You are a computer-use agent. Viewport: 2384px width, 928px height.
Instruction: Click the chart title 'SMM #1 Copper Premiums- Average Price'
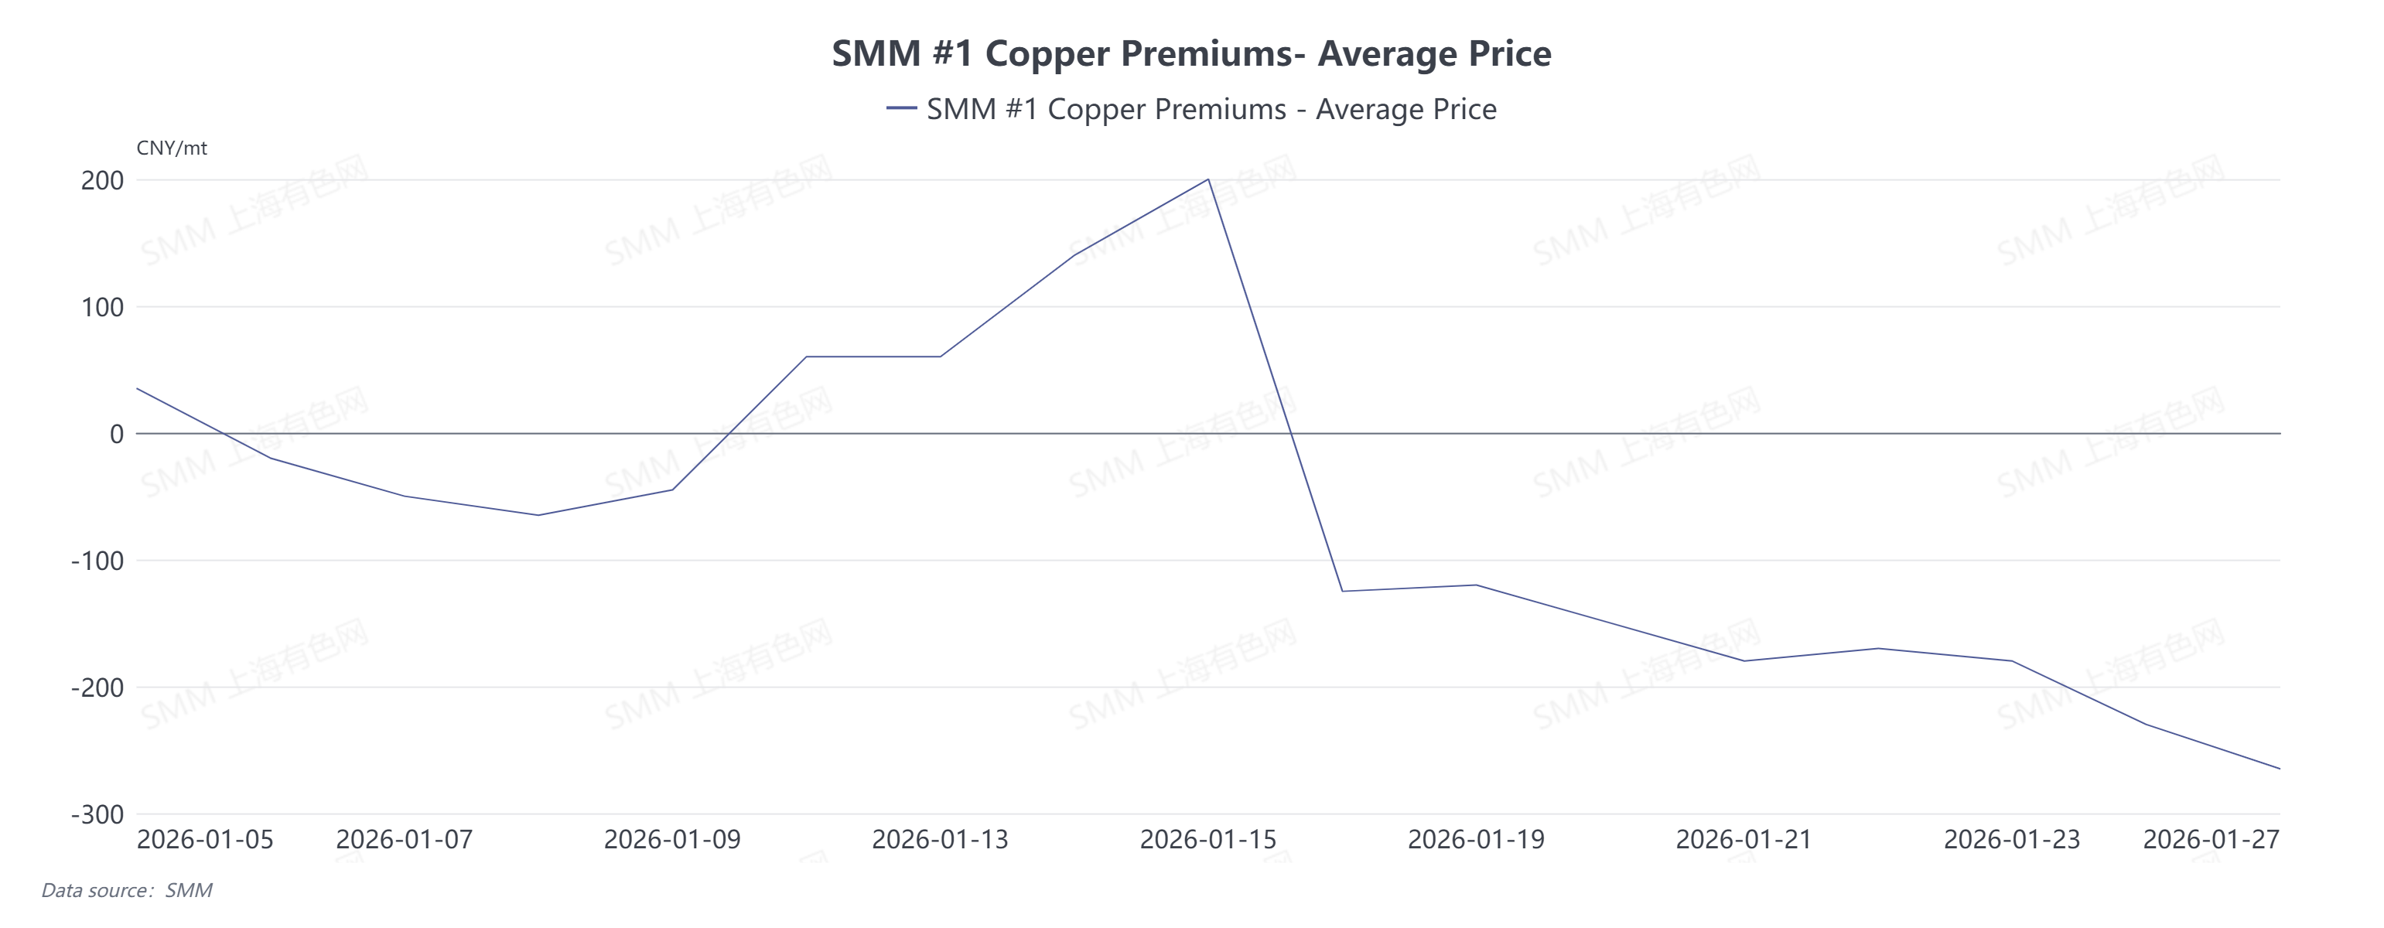[x=1191, y=53]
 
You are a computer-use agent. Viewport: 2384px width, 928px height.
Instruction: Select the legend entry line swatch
[x=900, y=109]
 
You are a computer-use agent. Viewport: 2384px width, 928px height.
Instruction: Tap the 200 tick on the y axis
[x=102, y=180]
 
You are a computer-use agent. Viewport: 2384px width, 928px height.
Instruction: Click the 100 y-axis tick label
[x=102, y=307]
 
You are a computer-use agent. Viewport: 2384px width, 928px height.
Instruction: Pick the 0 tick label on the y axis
[x=117, y=434]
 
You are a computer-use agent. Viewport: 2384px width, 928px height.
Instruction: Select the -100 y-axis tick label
[x=97, y=561]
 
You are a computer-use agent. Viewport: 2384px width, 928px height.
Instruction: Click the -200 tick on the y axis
[x=97, y=687]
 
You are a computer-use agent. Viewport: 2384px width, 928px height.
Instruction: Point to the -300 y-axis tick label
[x=97, y=815]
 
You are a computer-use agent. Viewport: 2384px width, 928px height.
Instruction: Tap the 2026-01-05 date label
[x=206, y=840]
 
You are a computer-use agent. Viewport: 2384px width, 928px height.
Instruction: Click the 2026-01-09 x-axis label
[x=672, y=840]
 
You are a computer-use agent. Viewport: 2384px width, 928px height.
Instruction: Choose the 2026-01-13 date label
[x=941, y=840]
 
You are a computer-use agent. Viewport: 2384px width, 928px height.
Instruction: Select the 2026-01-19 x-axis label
[x=1476, y=840]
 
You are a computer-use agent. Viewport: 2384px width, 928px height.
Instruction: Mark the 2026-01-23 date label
[x=2012, y=840]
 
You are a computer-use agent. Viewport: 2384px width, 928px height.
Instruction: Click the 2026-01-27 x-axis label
[x=2211, y=840]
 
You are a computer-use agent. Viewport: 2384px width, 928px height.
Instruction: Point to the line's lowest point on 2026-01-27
[x=2280, y=769]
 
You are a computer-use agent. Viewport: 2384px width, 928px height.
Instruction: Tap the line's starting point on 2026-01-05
[x=138, y=388]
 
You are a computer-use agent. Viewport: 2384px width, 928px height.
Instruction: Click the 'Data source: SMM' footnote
[x=127, y=891]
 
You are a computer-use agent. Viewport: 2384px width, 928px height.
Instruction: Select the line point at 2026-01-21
[x=1744, y=660]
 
